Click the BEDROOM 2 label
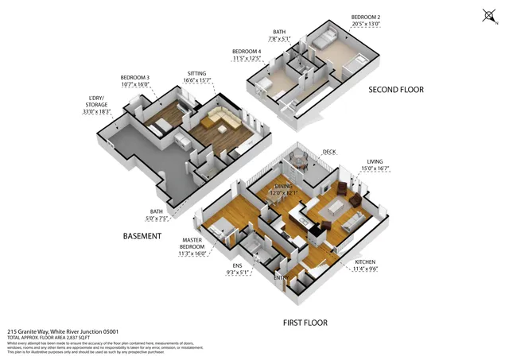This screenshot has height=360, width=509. tap(367, 17)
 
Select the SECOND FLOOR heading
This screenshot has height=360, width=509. tap(395, 90)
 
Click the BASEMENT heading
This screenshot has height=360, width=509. tap(142, 236)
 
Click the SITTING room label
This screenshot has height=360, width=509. tap(197, 72)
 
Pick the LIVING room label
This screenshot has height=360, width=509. tap(375, 161)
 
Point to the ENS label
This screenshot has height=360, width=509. tap(237, 265)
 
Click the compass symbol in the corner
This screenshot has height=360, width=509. tap(489, 15)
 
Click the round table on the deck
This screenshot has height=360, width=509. tap(297, 161)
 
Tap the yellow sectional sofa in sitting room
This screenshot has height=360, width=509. tap(220, 122)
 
